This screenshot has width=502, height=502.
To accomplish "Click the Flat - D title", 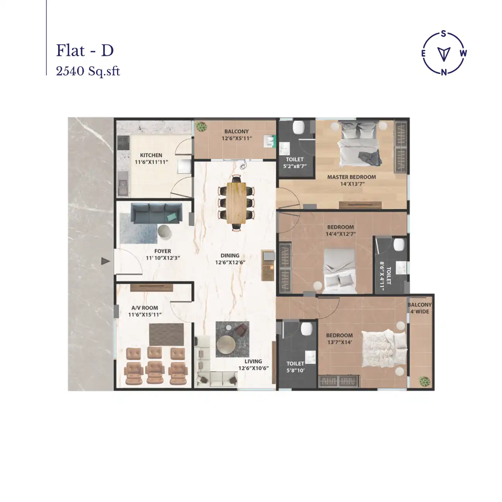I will coord(85,50).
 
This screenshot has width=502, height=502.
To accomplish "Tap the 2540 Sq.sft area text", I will coord(88,71).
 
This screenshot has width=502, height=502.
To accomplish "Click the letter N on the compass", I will coord(444,72).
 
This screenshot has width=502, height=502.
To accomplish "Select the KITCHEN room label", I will coord(151,155).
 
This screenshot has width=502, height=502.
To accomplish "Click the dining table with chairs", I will coord(236,203).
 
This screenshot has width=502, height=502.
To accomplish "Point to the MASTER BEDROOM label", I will coord(351,177).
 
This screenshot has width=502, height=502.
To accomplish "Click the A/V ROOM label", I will coord(144,308).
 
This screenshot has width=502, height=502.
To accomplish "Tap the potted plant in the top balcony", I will coord(201,127).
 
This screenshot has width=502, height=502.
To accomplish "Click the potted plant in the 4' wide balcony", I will coord(425,381).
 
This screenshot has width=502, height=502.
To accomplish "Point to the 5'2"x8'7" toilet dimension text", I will coord(295,166).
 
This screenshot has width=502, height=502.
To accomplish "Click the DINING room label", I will coord(230,256).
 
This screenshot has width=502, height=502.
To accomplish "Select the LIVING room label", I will coord(253,361).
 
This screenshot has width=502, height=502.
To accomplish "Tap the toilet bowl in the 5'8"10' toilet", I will coord(307,329).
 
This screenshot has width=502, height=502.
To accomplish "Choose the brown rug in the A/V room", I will coord(167,334).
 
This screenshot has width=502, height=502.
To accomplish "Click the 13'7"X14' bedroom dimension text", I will coord(339,342).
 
